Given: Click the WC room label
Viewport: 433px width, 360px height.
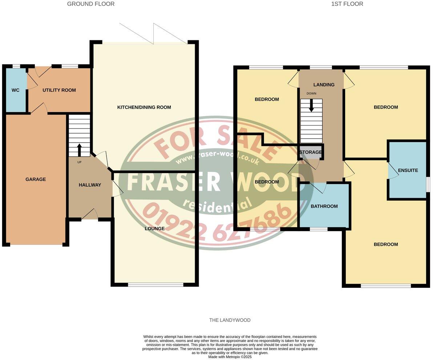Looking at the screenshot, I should pyautogui.click(x=15, y=90).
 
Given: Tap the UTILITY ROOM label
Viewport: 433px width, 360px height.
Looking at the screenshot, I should pyautogui.click(x=59, y=90).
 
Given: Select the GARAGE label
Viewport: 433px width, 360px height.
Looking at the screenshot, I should pyautogui.click(x=36, y=179).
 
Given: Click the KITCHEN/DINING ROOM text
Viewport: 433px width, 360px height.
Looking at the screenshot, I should pyautogui.click(x=144, y=107).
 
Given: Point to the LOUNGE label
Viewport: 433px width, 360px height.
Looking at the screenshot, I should pyautogui.click(x=154, y=229).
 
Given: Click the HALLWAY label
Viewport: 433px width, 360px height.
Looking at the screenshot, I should pyautogui.click(x=90, y=185).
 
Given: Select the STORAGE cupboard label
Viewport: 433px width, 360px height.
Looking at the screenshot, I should pyautogui.click(x=311, y=152).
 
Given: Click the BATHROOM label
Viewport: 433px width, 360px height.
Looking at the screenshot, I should pyautogui.click(x=324, y=206).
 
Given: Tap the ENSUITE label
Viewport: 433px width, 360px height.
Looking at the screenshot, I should pyautogui.click(x=408, y=170).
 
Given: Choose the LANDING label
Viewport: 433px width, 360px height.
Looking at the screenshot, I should pyautogui.click(x=324, y=85).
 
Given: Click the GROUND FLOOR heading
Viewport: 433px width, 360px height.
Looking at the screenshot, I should pyautogui.click(x=91, y=4).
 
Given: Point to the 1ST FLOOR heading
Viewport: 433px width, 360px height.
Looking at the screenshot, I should pyautogui.click(x=347, y=4).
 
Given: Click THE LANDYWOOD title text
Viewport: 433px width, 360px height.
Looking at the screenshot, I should pyautogui.click(x=230, y=320).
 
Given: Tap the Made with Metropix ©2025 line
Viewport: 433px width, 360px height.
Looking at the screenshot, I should pyautogui.click(x=230, y=357).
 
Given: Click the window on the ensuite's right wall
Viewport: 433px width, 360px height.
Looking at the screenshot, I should pyautogui.click(x=428, y=184).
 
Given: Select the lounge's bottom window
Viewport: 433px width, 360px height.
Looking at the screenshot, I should pyautogui.click(x=155, y=285).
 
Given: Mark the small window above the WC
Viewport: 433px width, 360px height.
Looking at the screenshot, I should pyautogui.click(x=16, y=66).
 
